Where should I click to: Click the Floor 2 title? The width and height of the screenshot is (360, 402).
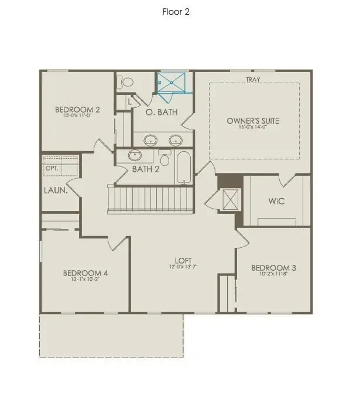[x=176, y=12]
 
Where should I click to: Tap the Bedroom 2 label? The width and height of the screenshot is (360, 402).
[x=77, y=109]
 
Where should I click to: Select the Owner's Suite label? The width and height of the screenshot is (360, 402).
[x=253, y=121]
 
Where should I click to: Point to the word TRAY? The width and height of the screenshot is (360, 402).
[x=253, y=80]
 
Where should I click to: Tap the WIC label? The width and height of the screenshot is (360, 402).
[x=276, y=201]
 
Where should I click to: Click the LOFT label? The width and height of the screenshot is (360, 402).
[x=183, y=261]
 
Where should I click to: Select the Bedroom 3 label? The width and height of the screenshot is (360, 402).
[x=273, y=268]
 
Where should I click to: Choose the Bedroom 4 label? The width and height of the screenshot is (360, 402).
[x=85, y=273]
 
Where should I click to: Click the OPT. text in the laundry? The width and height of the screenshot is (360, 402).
[x=52, y=168]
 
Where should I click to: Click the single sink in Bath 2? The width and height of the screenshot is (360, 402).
[x=135, y=156]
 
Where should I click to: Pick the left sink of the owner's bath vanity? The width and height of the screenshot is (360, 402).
[x=151, y=140]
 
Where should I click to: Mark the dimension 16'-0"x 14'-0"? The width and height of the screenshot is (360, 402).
[x=253, y=127]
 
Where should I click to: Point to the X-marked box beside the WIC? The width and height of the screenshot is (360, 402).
[x=228, y=200]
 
